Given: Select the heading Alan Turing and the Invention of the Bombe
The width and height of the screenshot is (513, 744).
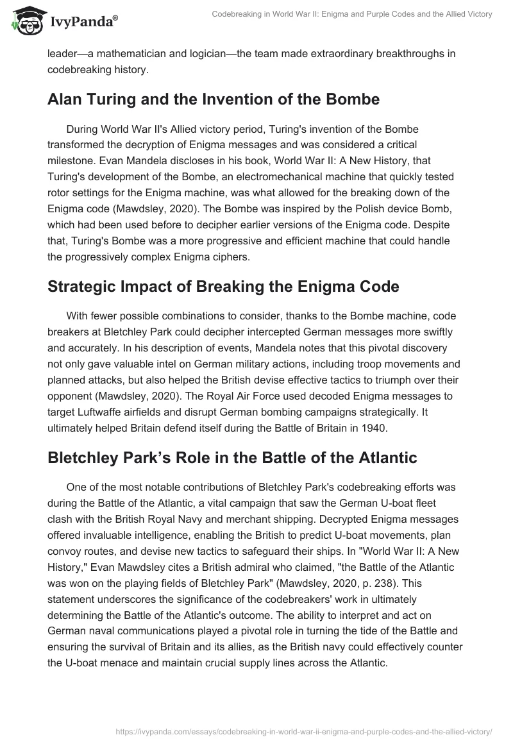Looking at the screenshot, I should (x=214, y=99).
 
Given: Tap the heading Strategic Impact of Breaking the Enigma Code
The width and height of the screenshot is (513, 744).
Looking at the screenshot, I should (x=223, y=287).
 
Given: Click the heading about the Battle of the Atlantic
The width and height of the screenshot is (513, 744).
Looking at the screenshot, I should (x=232, y=457).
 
